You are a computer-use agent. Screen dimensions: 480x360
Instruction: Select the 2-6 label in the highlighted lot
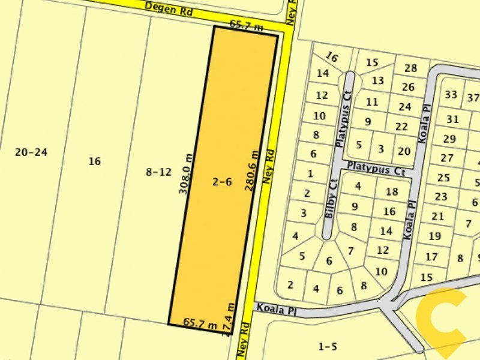(222, 181)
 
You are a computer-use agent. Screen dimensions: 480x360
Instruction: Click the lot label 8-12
(158, 172)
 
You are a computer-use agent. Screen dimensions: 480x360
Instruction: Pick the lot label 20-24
(31, 152)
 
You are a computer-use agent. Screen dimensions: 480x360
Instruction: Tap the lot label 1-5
(328, 346)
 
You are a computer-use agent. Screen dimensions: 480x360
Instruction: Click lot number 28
(410, 68)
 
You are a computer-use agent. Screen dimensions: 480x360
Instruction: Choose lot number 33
(451, 95)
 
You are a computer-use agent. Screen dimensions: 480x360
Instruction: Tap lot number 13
(377, 80)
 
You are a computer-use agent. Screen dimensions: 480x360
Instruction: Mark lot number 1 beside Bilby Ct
(310, 174)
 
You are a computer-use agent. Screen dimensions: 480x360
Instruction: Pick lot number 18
(392, 192)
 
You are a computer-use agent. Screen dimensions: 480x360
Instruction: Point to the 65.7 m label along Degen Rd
(246, 25)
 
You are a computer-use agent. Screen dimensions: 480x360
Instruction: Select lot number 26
(408, 88)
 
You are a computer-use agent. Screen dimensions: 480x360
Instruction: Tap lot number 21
(437, 217)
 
